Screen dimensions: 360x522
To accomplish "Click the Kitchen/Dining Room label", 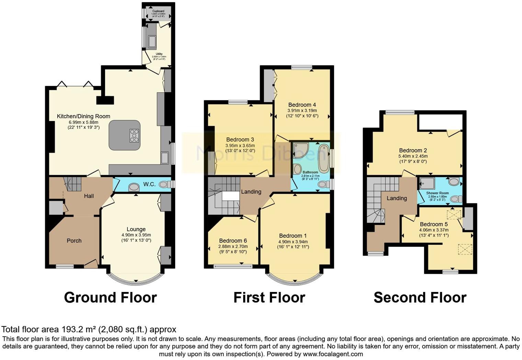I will [x=83, y=116].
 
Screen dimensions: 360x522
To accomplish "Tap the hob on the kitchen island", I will [x=134, y=135].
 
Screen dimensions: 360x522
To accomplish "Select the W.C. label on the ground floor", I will [x=149, y=184].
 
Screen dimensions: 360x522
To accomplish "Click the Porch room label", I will [x=74, y=241].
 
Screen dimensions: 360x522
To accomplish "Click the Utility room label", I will [x=159, y=54].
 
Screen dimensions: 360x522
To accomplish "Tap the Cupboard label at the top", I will [x=158, y=11].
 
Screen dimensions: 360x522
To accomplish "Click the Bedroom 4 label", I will [x=302, y=105].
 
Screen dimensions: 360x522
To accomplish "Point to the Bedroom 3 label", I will [x=240, y=139].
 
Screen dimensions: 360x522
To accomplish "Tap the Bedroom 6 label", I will [x=233, y=241].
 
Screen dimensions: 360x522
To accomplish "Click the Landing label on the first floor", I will [x=251, y=192].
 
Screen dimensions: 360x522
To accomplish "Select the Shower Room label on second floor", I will [x=438, y=193].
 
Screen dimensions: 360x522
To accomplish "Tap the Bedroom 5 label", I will [x=434, y=224].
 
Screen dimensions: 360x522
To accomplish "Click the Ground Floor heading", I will [x=110, y=297].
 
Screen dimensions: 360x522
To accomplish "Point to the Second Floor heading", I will [x=420, y=297].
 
